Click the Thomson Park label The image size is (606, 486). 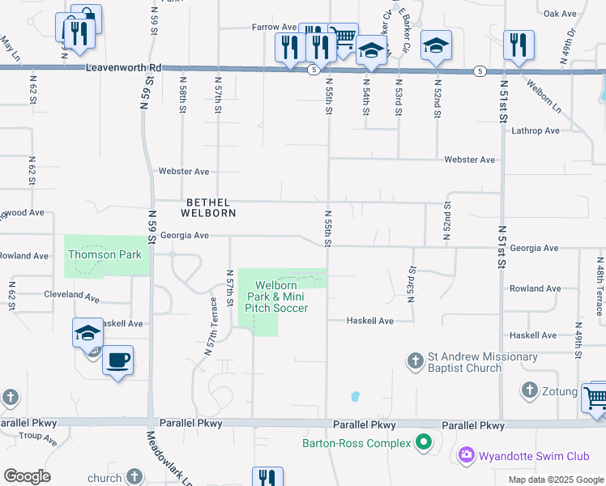click(105, 254)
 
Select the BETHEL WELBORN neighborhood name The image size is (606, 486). click(210, 207)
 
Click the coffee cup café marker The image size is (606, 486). click(118, 360)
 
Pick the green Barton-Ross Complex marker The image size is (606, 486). click(422, 443)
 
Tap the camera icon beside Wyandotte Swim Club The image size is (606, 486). click(466, 455)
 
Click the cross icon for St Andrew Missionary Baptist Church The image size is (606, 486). click(415, 360)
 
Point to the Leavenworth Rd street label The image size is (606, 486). click(124, 70)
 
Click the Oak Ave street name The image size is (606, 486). click(560, 14)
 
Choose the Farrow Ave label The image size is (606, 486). click(274, 27)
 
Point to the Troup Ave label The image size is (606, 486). click(37, 439)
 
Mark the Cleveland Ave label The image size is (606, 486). click(71, 296)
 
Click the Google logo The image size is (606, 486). click(27, 476)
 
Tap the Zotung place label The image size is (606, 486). click(561, 392)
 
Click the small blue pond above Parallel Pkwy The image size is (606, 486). click(355, 397)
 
